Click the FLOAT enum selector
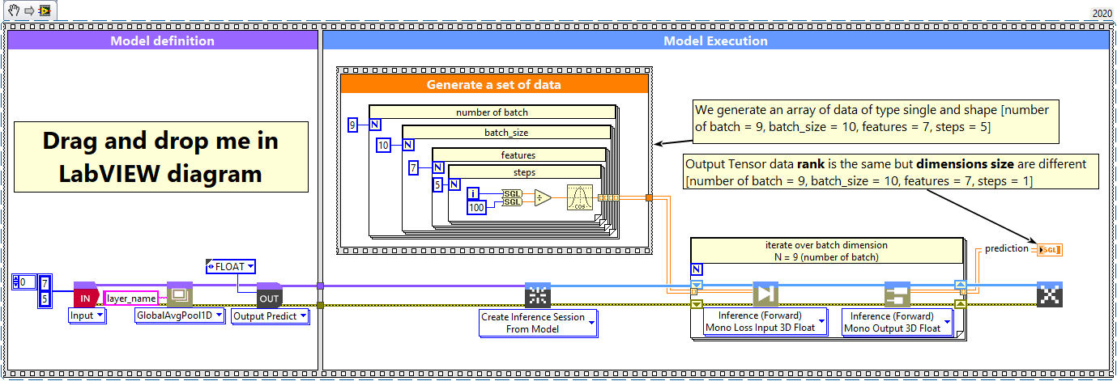230,266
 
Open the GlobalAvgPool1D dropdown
178,316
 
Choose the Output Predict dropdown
270,316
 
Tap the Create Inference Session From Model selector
538,323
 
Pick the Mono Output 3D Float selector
897,322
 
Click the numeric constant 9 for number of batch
352,125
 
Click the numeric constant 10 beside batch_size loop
384,146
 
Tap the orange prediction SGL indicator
1049,249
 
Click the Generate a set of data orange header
494,84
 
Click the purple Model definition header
162,40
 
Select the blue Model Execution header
715,40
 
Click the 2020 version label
1102,14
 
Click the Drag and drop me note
160,156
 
